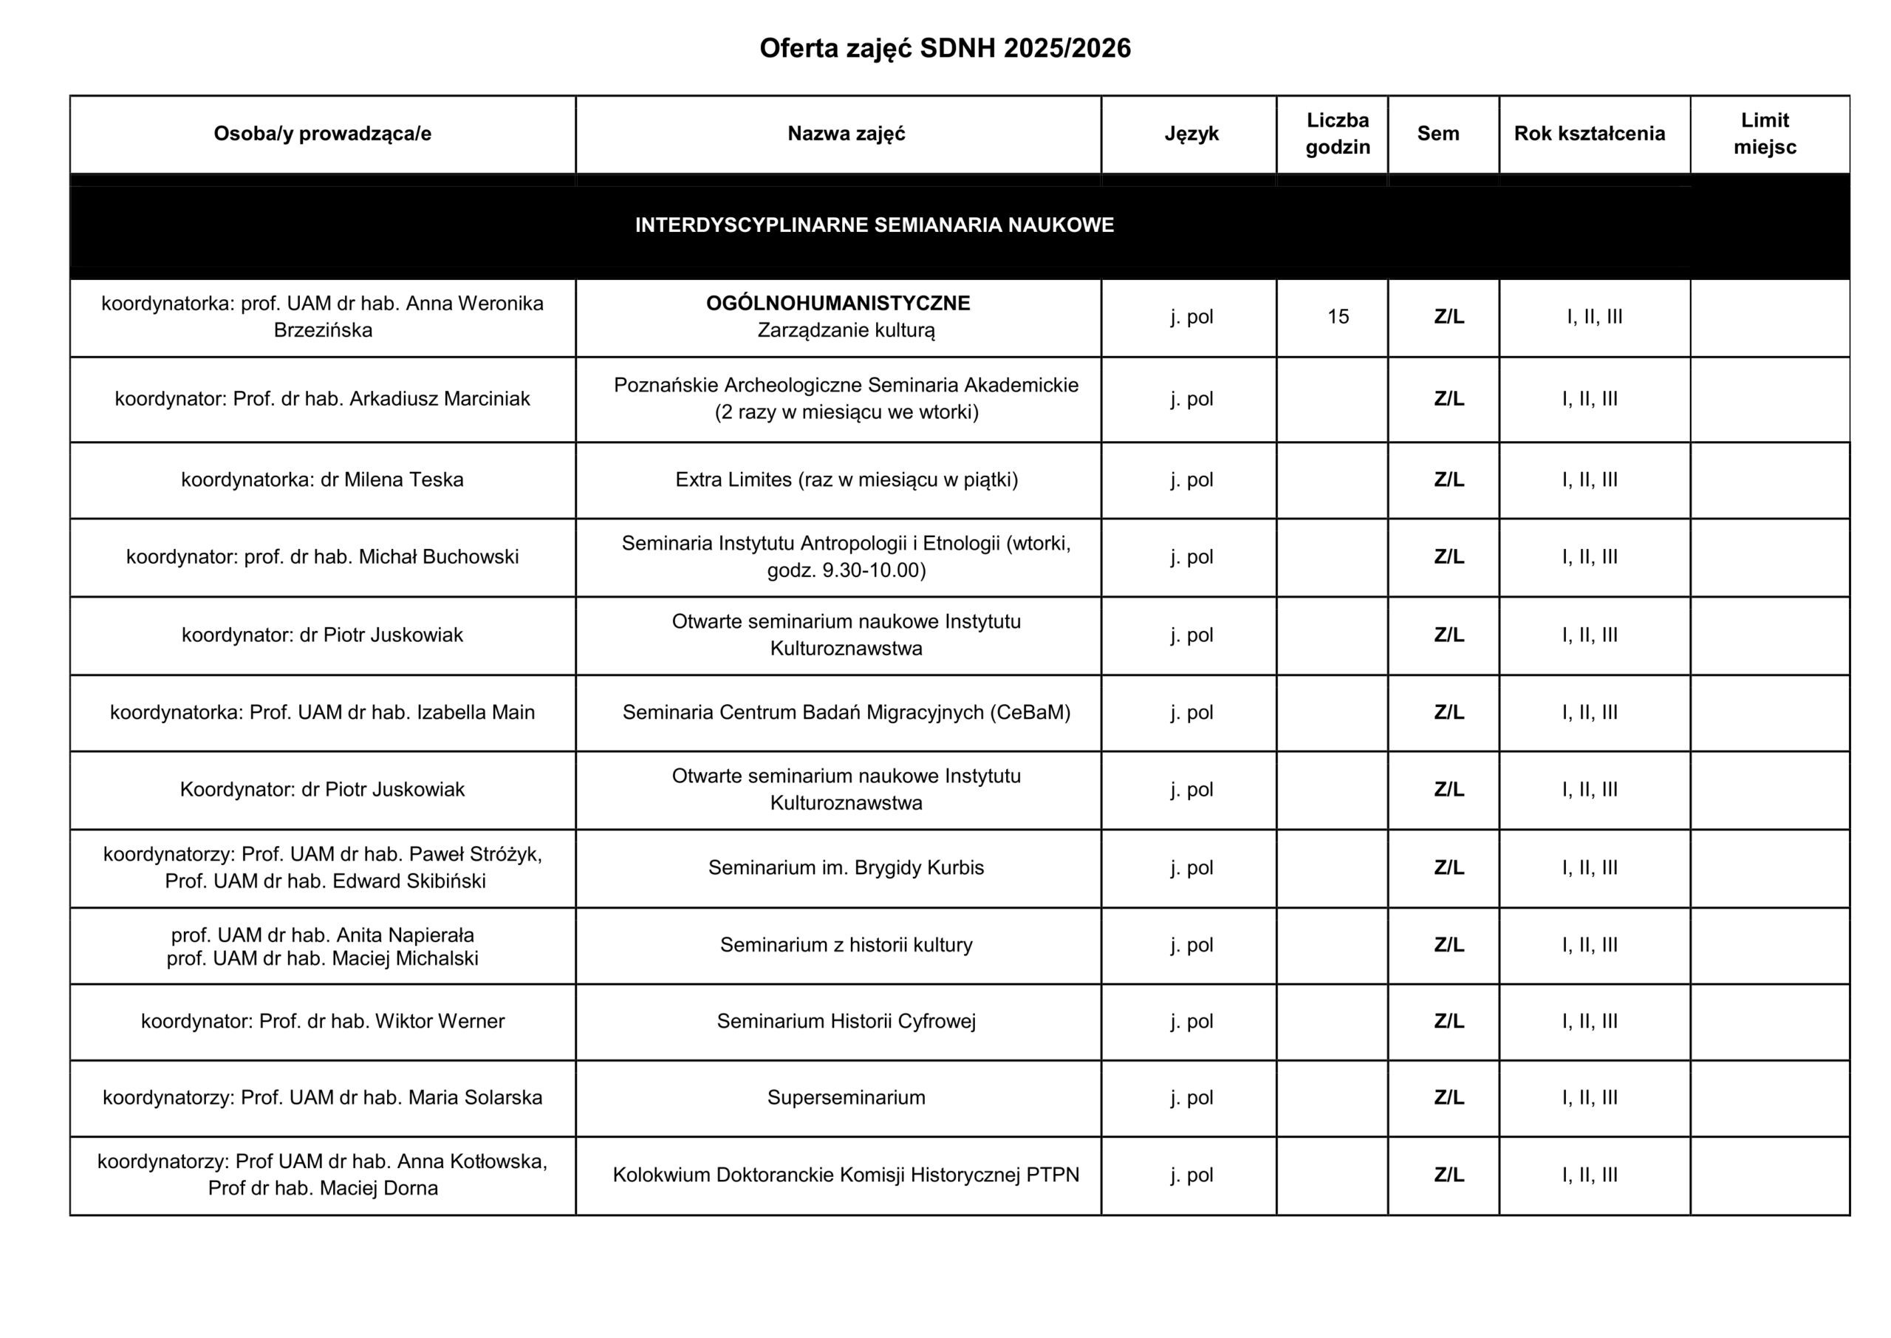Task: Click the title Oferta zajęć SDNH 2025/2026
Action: click(945, 49)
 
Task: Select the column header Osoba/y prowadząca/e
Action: click(322, 134)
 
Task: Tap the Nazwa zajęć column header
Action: click(846, 134)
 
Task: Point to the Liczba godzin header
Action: click(1338, 134)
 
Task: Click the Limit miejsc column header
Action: click(1764, 134)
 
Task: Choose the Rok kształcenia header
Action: click(1589, 134)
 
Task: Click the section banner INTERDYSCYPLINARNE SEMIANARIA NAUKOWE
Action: click(874, 225)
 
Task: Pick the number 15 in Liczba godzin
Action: click(1338, 316)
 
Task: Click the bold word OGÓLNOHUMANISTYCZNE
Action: click(838, 303)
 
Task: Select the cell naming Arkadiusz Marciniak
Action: click(322, 399)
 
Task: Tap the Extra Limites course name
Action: click(846, 479)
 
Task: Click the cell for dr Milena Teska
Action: click(322, 479)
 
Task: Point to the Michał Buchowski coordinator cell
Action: click(322, 557)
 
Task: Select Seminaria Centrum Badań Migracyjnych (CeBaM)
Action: click(846, 713)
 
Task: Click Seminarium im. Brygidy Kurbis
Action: click(846, 867)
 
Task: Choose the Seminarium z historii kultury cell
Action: click(846, 945)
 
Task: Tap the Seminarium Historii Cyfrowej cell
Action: click(846, 1022)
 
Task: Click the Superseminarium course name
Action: click(846, 1097)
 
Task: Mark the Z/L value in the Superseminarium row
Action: click(1449, 1097)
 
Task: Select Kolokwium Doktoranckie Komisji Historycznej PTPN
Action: click(846, 1175)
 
